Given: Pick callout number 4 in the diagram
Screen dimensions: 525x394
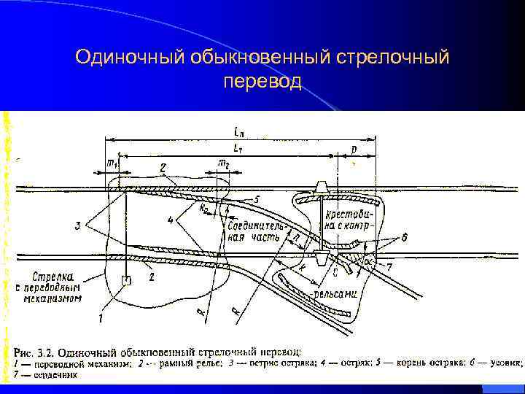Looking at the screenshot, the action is [x=170, y=220].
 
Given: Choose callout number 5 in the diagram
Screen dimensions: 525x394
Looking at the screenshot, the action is [x=256, y=198].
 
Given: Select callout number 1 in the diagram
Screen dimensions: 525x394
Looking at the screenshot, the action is [x=101, y=317].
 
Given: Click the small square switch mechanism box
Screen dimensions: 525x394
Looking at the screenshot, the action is [x=127, y=279].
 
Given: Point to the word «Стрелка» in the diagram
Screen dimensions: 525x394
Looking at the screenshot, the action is [x=53, y=276].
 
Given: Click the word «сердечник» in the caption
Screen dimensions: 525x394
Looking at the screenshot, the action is [x=56, y=375].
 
